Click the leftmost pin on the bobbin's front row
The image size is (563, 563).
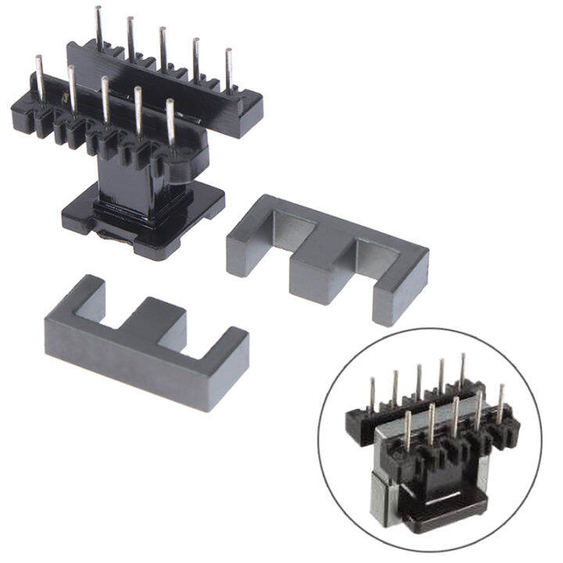pyautogui.click(x=38, y=78)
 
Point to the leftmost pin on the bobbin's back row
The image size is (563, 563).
pyautogui.click(x=99, y=27)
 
